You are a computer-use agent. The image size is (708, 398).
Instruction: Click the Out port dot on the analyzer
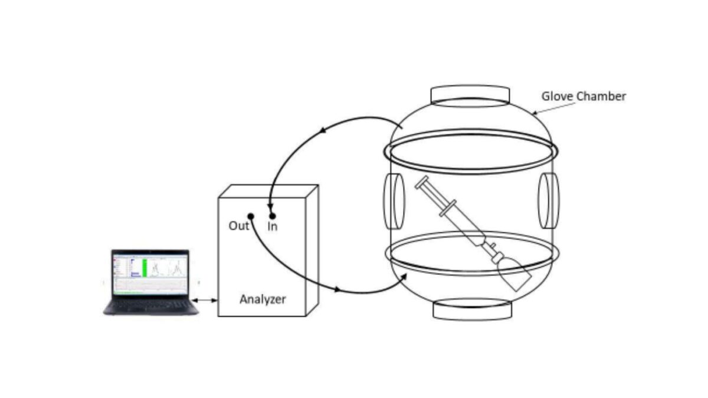click(x=251, y=216)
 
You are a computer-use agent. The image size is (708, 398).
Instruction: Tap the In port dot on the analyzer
click(x=273, y=216)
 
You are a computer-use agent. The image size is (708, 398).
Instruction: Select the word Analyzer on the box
click(x=263, y=300)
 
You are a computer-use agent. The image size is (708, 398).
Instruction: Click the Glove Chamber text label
click(x=584, y=96)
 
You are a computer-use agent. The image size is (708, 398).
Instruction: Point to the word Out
click(x=238, y=226)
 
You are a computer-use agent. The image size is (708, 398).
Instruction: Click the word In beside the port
click(x=273, y=226)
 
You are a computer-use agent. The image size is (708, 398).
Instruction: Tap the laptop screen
click(x=150, y=272)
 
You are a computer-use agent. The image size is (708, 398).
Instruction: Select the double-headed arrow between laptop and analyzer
click(x=205, y=300)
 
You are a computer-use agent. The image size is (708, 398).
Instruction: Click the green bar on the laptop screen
click(x=145, y=268)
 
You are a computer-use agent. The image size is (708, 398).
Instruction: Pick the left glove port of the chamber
click(x=394, y=201)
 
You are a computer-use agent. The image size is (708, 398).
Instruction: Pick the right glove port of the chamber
click(x=549, y=200)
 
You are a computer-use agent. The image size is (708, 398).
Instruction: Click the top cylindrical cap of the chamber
click(x=470, y=96)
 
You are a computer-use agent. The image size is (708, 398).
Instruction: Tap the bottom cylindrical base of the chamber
click(x=472, y=310)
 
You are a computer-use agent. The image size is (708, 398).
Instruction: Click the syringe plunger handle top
click(x=422, y=182)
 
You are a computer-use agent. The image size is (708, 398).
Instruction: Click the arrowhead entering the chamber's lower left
click(x=404, y=277)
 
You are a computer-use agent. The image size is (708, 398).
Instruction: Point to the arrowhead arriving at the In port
click(x=270, y=208)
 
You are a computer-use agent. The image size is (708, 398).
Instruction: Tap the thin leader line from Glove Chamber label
click(x=554, y=108)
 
